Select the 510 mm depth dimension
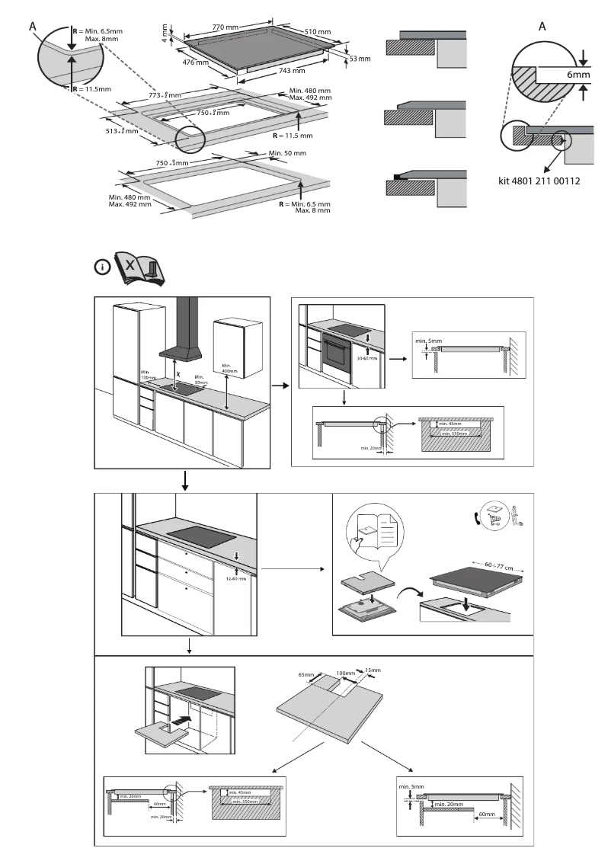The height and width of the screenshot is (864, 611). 318,32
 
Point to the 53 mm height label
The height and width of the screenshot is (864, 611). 360,59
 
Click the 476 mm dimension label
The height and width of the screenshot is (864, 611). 197,62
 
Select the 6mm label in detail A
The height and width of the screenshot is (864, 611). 578,75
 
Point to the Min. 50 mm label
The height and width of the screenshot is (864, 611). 288,153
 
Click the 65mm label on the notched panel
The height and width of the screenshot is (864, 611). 305,675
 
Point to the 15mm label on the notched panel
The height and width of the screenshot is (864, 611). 372,670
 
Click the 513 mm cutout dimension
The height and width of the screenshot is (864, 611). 122,131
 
